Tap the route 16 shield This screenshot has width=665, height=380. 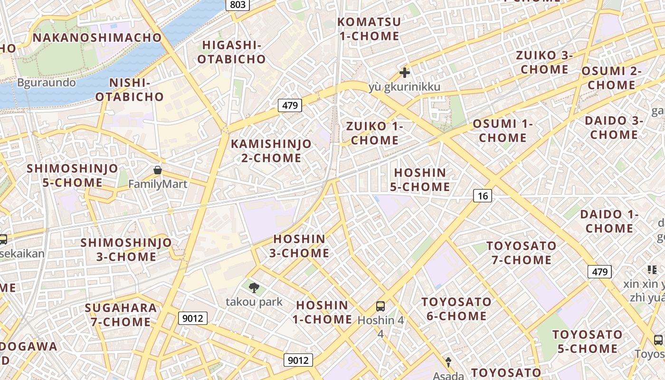tap(483, 195)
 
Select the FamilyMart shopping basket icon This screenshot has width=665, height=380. tap(158, 170)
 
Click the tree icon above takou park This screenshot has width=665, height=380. tap(254, 287)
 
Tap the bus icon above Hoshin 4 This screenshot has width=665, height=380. tap(380, 306)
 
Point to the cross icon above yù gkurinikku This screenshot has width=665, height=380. tap(405, 73)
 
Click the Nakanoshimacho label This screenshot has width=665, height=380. tap(97, 38)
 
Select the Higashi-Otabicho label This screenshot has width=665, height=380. tap(231, 52)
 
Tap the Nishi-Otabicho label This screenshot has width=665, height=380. tap(130, 89)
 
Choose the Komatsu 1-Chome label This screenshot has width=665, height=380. tap(369, 28)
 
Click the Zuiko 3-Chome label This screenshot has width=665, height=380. tap(544, 62)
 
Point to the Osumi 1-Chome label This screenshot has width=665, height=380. tap(503, 131)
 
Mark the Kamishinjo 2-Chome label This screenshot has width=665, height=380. tap(271, 151)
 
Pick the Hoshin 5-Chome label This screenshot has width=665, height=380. tap(420, 180)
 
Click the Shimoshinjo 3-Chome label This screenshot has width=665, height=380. tap(126, 249)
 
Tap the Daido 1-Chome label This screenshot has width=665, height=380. tap(609, 221)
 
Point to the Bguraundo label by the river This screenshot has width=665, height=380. tap(47, 83)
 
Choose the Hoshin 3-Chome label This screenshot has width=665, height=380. tap(299, 246)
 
